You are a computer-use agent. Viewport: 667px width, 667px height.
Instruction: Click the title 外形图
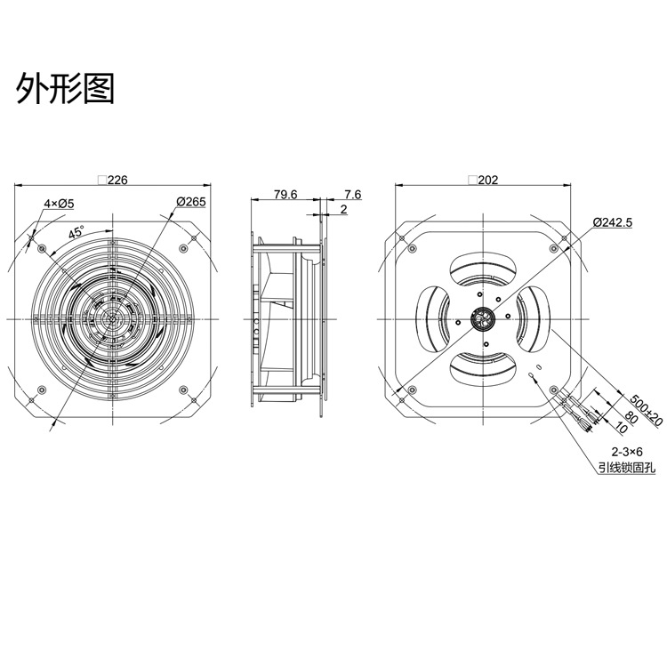65,88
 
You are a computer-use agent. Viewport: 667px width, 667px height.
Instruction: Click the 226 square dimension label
113,180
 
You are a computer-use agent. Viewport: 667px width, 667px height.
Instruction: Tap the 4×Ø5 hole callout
59,204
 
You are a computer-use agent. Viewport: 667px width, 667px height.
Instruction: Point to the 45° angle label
76,232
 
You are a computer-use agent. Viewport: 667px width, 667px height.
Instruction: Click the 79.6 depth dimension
285,195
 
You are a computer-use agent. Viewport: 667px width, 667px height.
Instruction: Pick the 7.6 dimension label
353,195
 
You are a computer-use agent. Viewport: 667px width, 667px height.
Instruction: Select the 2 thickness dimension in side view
343,209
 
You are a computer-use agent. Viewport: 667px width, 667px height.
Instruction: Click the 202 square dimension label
483,180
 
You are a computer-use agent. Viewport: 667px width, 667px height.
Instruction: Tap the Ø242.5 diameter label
613,222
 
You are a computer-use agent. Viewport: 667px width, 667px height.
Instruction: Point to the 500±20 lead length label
646,411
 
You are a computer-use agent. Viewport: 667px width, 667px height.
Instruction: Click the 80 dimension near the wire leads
631,419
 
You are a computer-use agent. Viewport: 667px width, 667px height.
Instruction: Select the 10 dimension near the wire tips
621,428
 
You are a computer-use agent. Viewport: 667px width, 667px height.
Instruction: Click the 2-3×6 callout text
627,451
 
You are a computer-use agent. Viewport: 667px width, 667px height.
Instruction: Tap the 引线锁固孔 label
627,469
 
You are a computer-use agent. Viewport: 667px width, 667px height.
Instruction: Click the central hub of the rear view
484,319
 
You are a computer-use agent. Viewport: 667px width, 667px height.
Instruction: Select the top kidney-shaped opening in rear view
484,270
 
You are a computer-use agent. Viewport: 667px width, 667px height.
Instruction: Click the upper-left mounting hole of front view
42,248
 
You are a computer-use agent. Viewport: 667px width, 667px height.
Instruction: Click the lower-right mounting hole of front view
184,390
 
